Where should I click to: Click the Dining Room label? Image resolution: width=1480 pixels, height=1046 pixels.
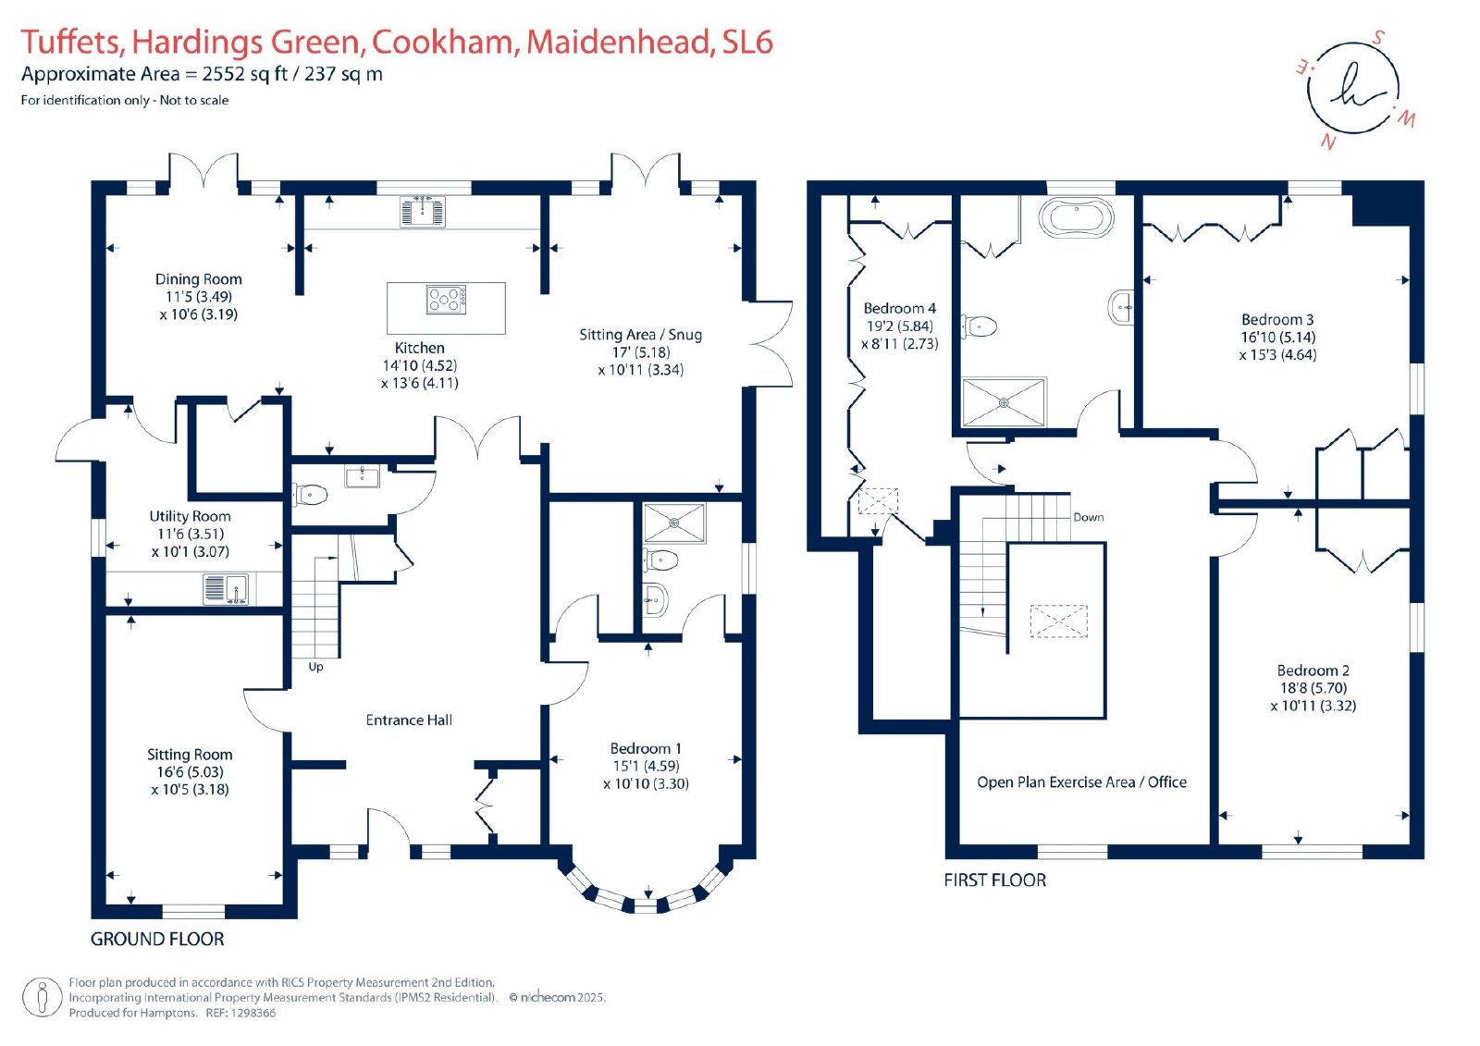coord(198,279)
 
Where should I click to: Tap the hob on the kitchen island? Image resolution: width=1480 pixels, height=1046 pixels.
coord(446,300)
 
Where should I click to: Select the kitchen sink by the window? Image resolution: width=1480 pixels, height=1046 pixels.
coord(422,212)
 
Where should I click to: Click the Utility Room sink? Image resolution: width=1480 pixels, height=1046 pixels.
coord(226,589)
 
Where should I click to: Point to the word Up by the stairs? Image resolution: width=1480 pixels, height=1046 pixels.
coord(315,667)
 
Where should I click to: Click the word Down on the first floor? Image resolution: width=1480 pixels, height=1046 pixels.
coord(1088,517)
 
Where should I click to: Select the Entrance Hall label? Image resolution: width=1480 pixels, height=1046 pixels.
coord(409,720)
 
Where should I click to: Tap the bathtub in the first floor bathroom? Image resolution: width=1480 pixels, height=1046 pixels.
coord(1077,217)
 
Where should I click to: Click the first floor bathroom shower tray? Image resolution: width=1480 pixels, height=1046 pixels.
coord(1004,402)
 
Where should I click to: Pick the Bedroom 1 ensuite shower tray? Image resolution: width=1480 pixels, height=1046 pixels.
coord(674,523)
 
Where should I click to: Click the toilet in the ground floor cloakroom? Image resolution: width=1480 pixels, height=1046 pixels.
coord(310,494)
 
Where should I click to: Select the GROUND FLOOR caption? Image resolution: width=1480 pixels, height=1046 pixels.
coord(157,939)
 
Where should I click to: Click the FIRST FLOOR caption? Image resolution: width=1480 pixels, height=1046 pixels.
coord(995,880)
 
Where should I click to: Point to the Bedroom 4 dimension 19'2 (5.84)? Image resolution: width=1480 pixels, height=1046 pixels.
coord(900,326)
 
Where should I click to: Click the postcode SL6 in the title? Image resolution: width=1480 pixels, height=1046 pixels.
coord(747,42)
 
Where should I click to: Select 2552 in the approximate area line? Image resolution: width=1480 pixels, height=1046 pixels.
coord(223,74)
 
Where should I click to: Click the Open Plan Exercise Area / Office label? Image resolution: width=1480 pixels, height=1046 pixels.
coord(1081,782)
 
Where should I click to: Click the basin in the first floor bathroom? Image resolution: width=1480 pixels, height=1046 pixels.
coord(1121,307)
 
